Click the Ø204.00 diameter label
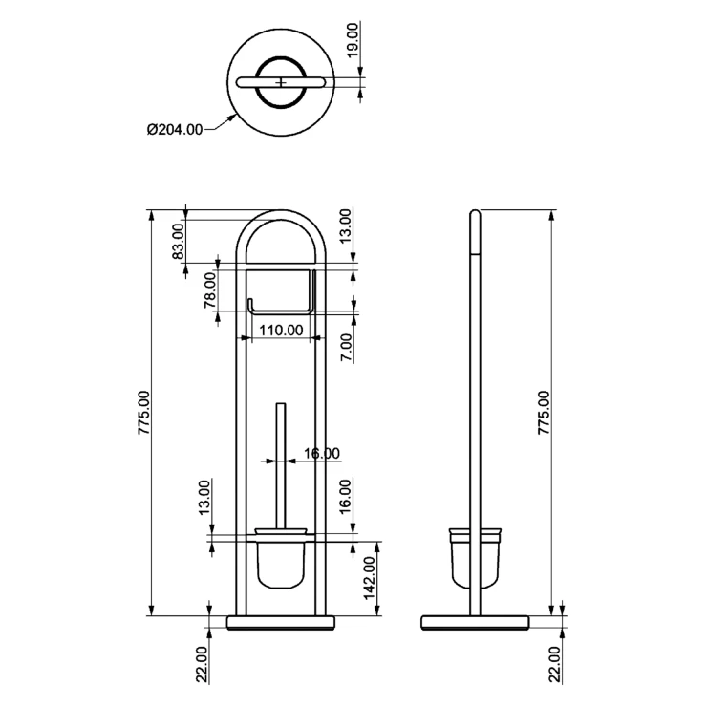tap(175, 130)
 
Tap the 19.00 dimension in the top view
tap(353, 40)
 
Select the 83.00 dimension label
tap(179, 242)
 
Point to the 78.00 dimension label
tap(210, 289)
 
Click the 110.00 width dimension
tap(281, 331)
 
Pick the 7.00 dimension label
tap(346, 348)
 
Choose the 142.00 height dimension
tap(370, 578)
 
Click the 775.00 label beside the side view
tap(544, 413)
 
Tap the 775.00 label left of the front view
tap(144, 413)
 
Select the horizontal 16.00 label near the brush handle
tap(321, 453)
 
